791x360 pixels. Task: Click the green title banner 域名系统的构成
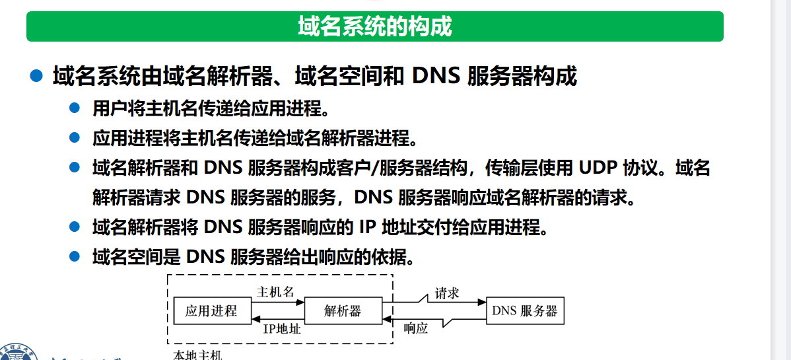[374, 26]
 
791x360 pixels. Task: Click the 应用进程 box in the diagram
[211, 311]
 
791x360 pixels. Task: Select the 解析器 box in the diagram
[343, 311]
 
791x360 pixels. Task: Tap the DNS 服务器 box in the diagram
[525, 311]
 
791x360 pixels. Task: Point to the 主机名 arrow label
[275, 292]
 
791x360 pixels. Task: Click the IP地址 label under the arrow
[282, 328]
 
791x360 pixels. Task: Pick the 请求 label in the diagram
[446, 293]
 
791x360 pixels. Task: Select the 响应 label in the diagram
[416, 328]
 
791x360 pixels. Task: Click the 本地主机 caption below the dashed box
[197, 355]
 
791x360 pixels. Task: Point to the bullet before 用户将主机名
[75, 108]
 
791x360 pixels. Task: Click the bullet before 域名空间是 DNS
[75, 256]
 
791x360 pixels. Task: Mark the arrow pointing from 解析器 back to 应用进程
[277, 319]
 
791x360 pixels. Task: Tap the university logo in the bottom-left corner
[20, 351]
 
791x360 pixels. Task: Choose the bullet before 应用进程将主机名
[75, 138]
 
